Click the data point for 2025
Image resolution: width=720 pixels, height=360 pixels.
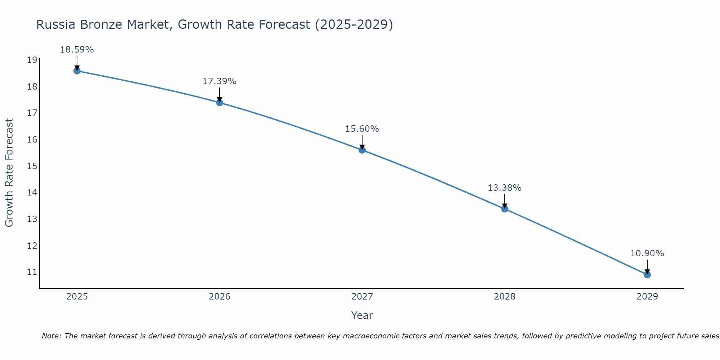coord(77,71)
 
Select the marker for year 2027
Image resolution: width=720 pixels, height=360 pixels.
coord(362,150)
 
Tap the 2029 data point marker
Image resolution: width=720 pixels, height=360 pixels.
coord(647,275)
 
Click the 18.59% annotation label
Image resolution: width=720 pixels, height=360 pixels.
coord(77,50)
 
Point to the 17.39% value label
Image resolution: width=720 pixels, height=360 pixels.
coord(219,81)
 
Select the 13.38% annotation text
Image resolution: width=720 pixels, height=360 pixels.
coord(504,188)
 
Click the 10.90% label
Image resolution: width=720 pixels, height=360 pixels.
coord(647,253)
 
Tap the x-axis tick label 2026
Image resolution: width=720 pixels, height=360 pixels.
coord(220,297)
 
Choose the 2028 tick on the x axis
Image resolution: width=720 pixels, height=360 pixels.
coord(504,297)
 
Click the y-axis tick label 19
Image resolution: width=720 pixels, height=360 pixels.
coord(32,60)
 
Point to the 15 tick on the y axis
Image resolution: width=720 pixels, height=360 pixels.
coord(32,166)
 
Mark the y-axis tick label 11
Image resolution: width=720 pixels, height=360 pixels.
coord(32,272)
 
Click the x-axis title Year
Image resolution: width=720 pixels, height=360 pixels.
coord(362,315)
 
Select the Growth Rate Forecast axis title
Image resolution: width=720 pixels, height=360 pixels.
coord(9,172)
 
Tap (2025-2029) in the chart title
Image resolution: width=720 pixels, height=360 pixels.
coord(354,25)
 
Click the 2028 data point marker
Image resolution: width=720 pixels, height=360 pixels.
coord(504,209)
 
